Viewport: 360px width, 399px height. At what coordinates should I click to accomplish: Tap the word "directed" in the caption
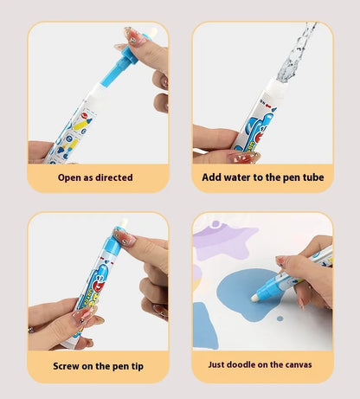(117, 177)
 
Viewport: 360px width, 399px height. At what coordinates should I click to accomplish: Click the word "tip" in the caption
(137, 365)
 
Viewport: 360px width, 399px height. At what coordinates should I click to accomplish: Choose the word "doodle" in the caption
(251, 365)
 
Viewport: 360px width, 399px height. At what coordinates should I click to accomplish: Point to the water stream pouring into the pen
(295, 48)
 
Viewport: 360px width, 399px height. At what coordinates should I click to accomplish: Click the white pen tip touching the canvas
(258, 296)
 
